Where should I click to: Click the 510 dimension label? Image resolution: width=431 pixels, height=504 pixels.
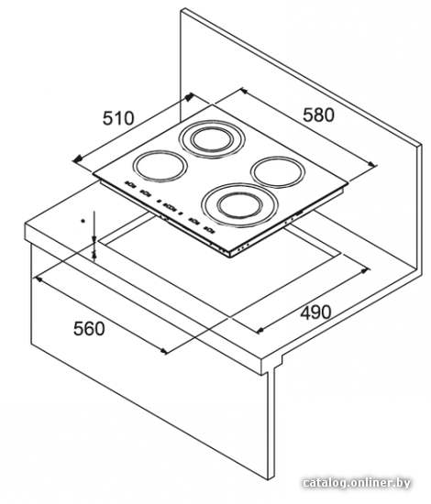(118, 118)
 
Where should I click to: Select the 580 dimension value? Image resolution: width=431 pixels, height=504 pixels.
(318, 115)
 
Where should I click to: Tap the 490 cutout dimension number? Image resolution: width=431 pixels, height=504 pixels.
(315, 312)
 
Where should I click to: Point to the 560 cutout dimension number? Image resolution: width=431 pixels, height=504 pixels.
(89, 328)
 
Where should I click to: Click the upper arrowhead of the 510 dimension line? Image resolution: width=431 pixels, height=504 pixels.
(190, 96)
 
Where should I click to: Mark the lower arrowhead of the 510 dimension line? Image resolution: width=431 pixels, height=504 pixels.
(78, 159)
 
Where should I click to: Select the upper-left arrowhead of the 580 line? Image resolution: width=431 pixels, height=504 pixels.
(244, 92)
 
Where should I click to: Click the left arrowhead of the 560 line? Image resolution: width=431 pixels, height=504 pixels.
(39, 279)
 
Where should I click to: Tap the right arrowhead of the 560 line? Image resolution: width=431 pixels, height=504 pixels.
(164, 351)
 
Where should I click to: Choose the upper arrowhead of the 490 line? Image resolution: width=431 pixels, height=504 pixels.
(366, 270)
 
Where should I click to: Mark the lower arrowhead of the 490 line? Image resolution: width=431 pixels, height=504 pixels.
(260, 330)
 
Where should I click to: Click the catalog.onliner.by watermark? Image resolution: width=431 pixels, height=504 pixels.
(357, 482)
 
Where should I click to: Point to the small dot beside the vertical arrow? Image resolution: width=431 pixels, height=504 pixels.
(83, 221)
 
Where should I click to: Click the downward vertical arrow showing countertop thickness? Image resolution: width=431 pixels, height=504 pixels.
(94, 226)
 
